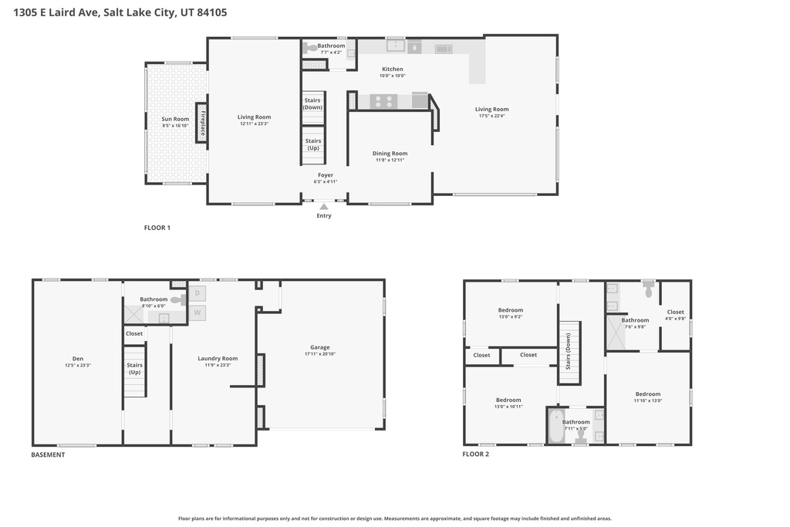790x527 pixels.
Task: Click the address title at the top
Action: (x=114, y=13)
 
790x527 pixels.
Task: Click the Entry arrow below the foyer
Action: (x=324, y=206)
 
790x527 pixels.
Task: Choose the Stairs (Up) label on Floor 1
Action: (x=312, y=144)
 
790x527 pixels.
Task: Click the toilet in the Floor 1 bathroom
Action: (x=311, y=48)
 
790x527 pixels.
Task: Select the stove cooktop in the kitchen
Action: (x=383, y=100)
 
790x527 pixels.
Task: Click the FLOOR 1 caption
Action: (x=157, y=228)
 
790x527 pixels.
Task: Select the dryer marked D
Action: (x=197, y=293)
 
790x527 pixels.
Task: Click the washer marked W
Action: (x=197, y=313)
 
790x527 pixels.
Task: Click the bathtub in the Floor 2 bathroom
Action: (x=555, y=426)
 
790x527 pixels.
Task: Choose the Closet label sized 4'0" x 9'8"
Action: (x=675, y=315)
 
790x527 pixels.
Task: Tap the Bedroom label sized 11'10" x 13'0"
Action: (x=648, y=397)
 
